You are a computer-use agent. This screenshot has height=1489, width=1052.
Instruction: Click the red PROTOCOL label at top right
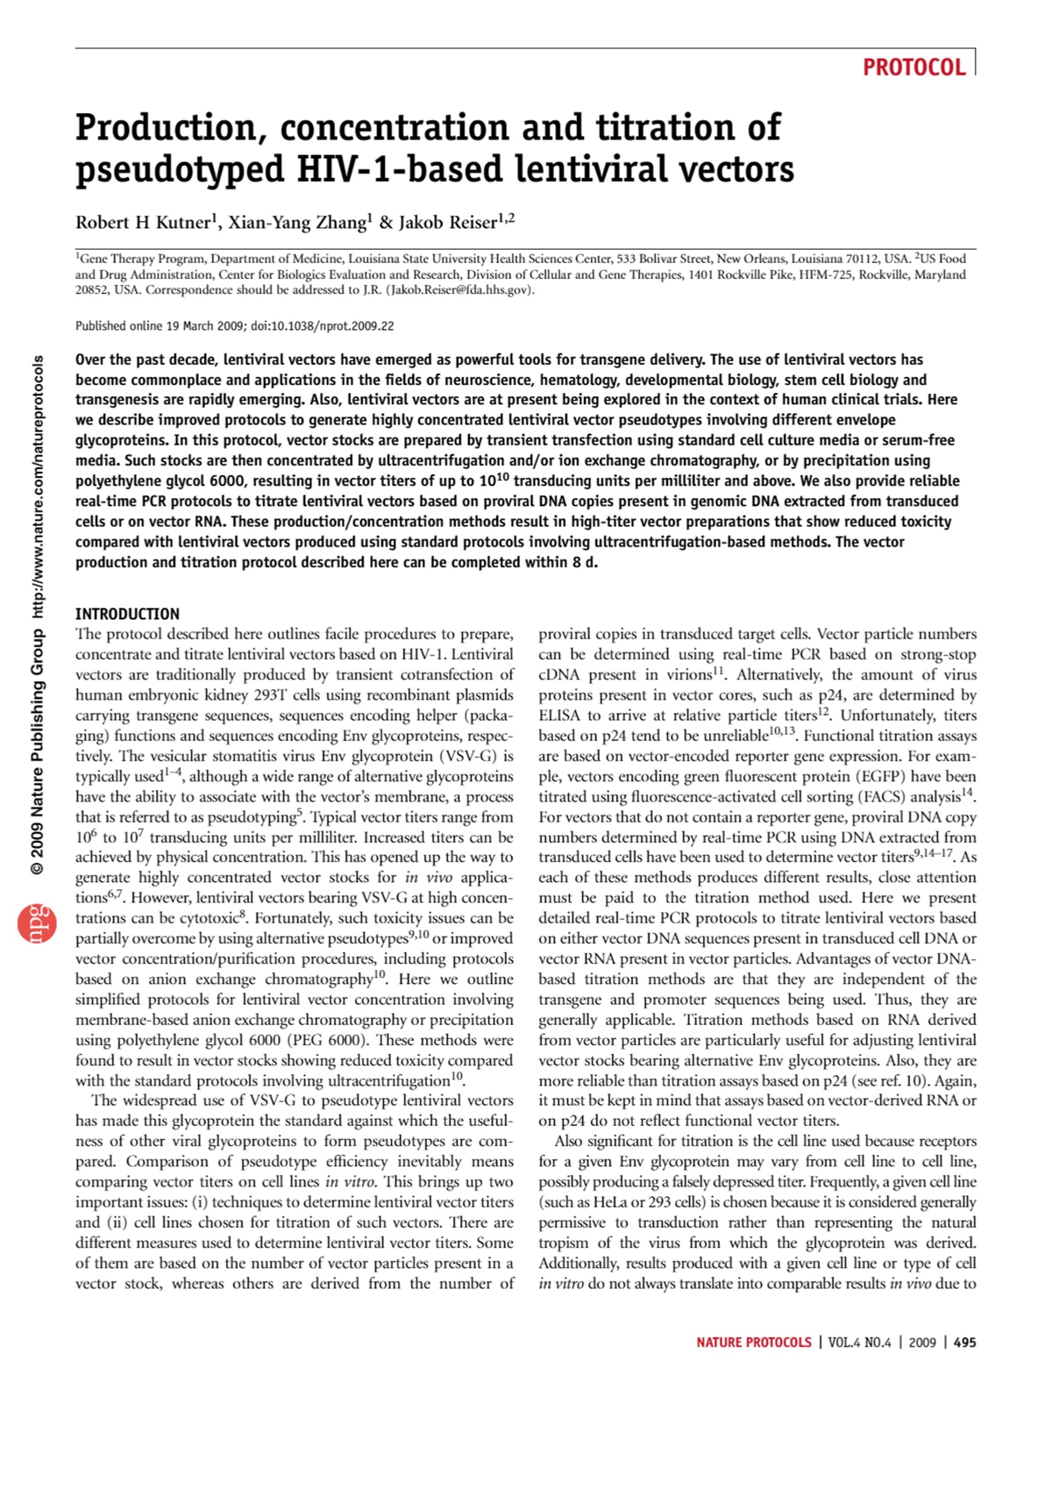[913, 68]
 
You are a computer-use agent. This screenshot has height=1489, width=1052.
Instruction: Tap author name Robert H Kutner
[143, 223]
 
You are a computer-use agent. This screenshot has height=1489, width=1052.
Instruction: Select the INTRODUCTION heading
[127, 614]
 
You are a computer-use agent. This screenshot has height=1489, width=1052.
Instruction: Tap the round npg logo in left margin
[37, 923]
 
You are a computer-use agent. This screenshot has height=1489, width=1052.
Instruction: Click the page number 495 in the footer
[964, 1343]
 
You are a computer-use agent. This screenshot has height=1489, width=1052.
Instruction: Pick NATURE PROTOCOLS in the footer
[754, 1343]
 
